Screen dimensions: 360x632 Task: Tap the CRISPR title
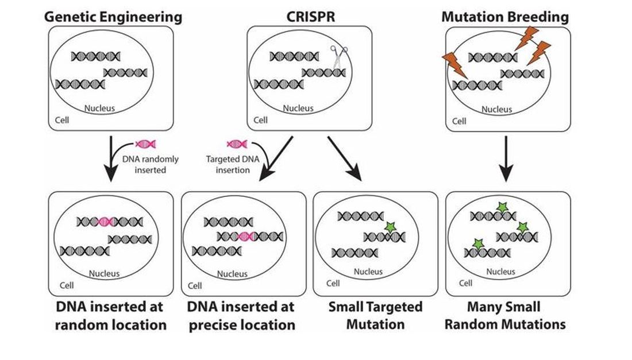311,16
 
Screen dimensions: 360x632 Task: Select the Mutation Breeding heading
506,16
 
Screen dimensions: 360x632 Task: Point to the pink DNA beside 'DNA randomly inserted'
145,144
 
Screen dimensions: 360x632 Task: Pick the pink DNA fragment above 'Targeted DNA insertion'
237,144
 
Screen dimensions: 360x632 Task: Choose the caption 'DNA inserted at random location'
111,315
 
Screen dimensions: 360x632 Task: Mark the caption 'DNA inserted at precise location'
242,315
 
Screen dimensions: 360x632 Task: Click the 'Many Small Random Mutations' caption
508,315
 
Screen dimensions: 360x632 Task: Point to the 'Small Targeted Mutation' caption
375,315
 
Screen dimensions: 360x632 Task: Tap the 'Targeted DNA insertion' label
228,165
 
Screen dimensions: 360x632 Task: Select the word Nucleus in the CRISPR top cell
298,108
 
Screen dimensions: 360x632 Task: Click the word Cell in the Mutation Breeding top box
459,121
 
